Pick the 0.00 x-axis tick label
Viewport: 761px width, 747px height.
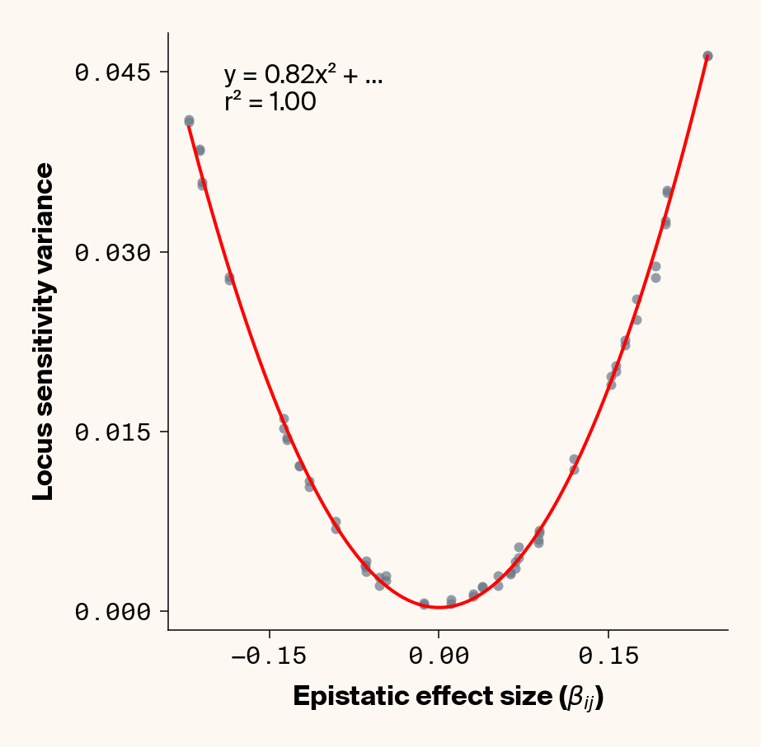point(439,656)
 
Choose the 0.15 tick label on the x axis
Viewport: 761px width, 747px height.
point(608,656)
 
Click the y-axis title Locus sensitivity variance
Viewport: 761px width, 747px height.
point(43,331)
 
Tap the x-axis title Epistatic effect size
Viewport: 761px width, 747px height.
point(448,697)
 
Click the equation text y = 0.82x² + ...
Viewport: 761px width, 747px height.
point(303,77)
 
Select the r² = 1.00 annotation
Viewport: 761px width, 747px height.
point(269,103)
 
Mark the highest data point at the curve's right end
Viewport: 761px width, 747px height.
point(707,56)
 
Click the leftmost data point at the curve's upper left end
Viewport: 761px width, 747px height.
point(189,120)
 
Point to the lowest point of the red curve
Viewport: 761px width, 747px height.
point(440,607)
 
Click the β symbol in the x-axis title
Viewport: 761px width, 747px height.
point(573,697)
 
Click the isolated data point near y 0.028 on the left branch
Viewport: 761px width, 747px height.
point(229,278)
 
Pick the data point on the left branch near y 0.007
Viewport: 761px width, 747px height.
point(336,525)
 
